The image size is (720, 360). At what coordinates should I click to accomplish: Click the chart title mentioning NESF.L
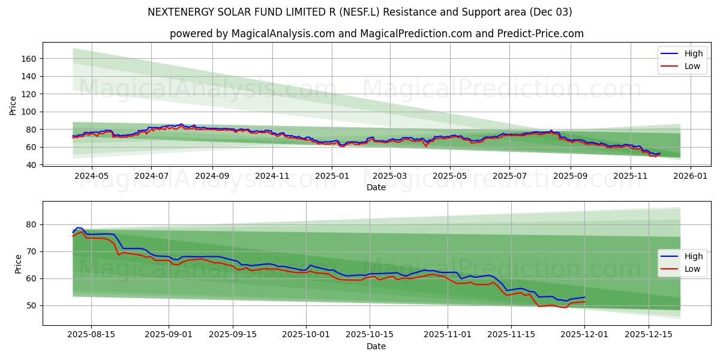tap(359, 12)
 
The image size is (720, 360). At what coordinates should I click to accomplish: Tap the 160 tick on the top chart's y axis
tap(29, 58)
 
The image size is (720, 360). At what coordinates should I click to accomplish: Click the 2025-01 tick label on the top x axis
tap(331, 176)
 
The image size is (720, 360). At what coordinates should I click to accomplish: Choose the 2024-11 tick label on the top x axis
tap(272, 176)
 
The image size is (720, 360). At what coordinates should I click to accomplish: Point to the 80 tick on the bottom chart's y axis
tap(32, 224)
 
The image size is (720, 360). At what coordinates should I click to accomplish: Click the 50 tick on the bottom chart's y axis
tap(32, 305)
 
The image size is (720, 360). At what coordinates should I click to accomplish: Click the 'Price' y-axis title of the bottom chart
tap(17, 263)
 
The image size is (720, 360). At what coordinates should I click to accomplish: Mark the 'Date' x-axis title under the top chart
tap(376, 188)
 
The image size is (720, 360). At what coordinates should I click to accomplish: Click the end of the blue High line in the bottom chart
tap(584, 297)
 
